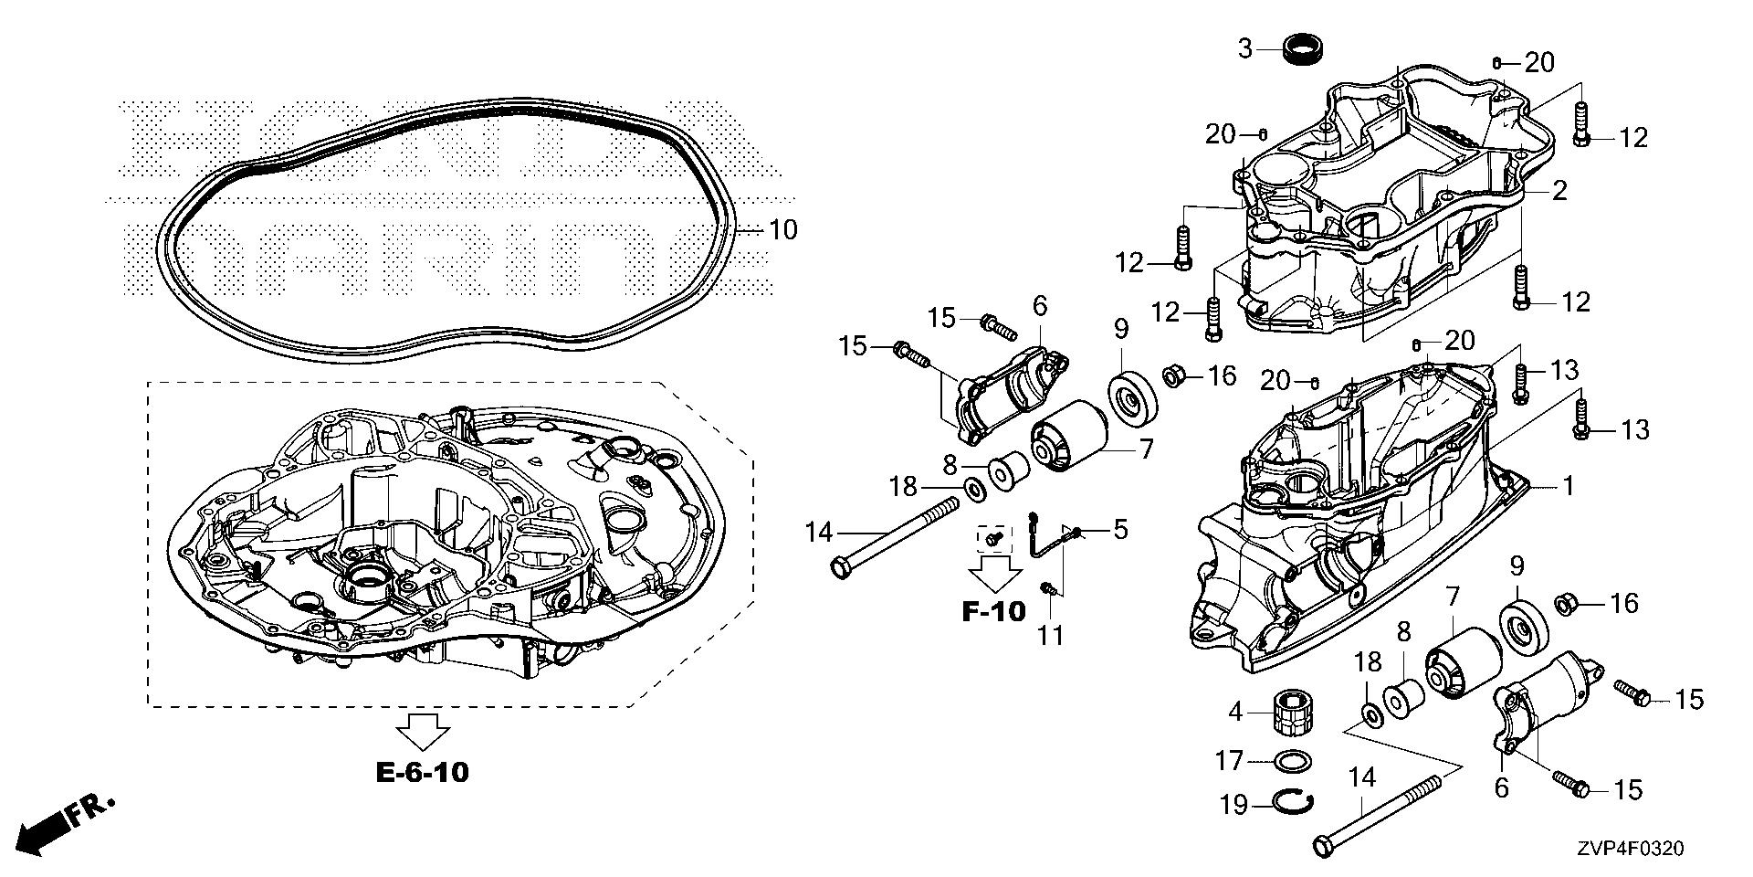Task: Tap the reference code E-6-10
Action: click(x=423, y=773)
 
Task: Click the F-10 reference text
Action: click(x=994, y=610)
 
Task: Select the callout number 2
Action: click(x=1559, y=191)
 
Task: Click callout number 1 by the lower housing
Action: click(x=1568, y=486)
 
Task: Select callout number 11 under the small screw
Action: click(x=1050, y=634)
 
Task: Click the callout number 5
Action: click(x=1119, y=529)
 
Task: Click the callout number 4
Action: click(x=1236, y=711)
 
